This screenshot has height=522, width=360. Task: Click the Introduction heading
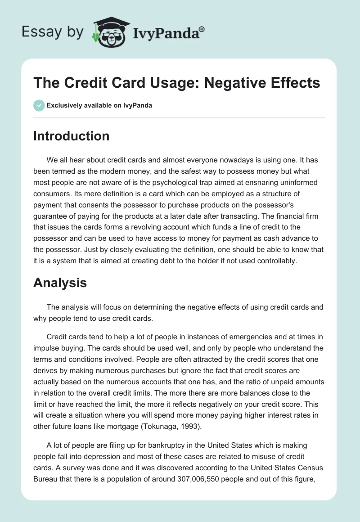point(71,136)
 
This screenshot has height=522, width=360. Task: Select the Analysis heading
point(60,283)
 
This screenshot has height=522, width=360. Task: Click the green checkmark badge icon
point(39,106)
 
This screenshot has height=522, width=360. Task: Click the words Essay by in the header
point(53,32)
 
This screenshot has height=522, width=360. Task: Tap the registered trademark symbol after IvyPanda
point(202,28)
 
